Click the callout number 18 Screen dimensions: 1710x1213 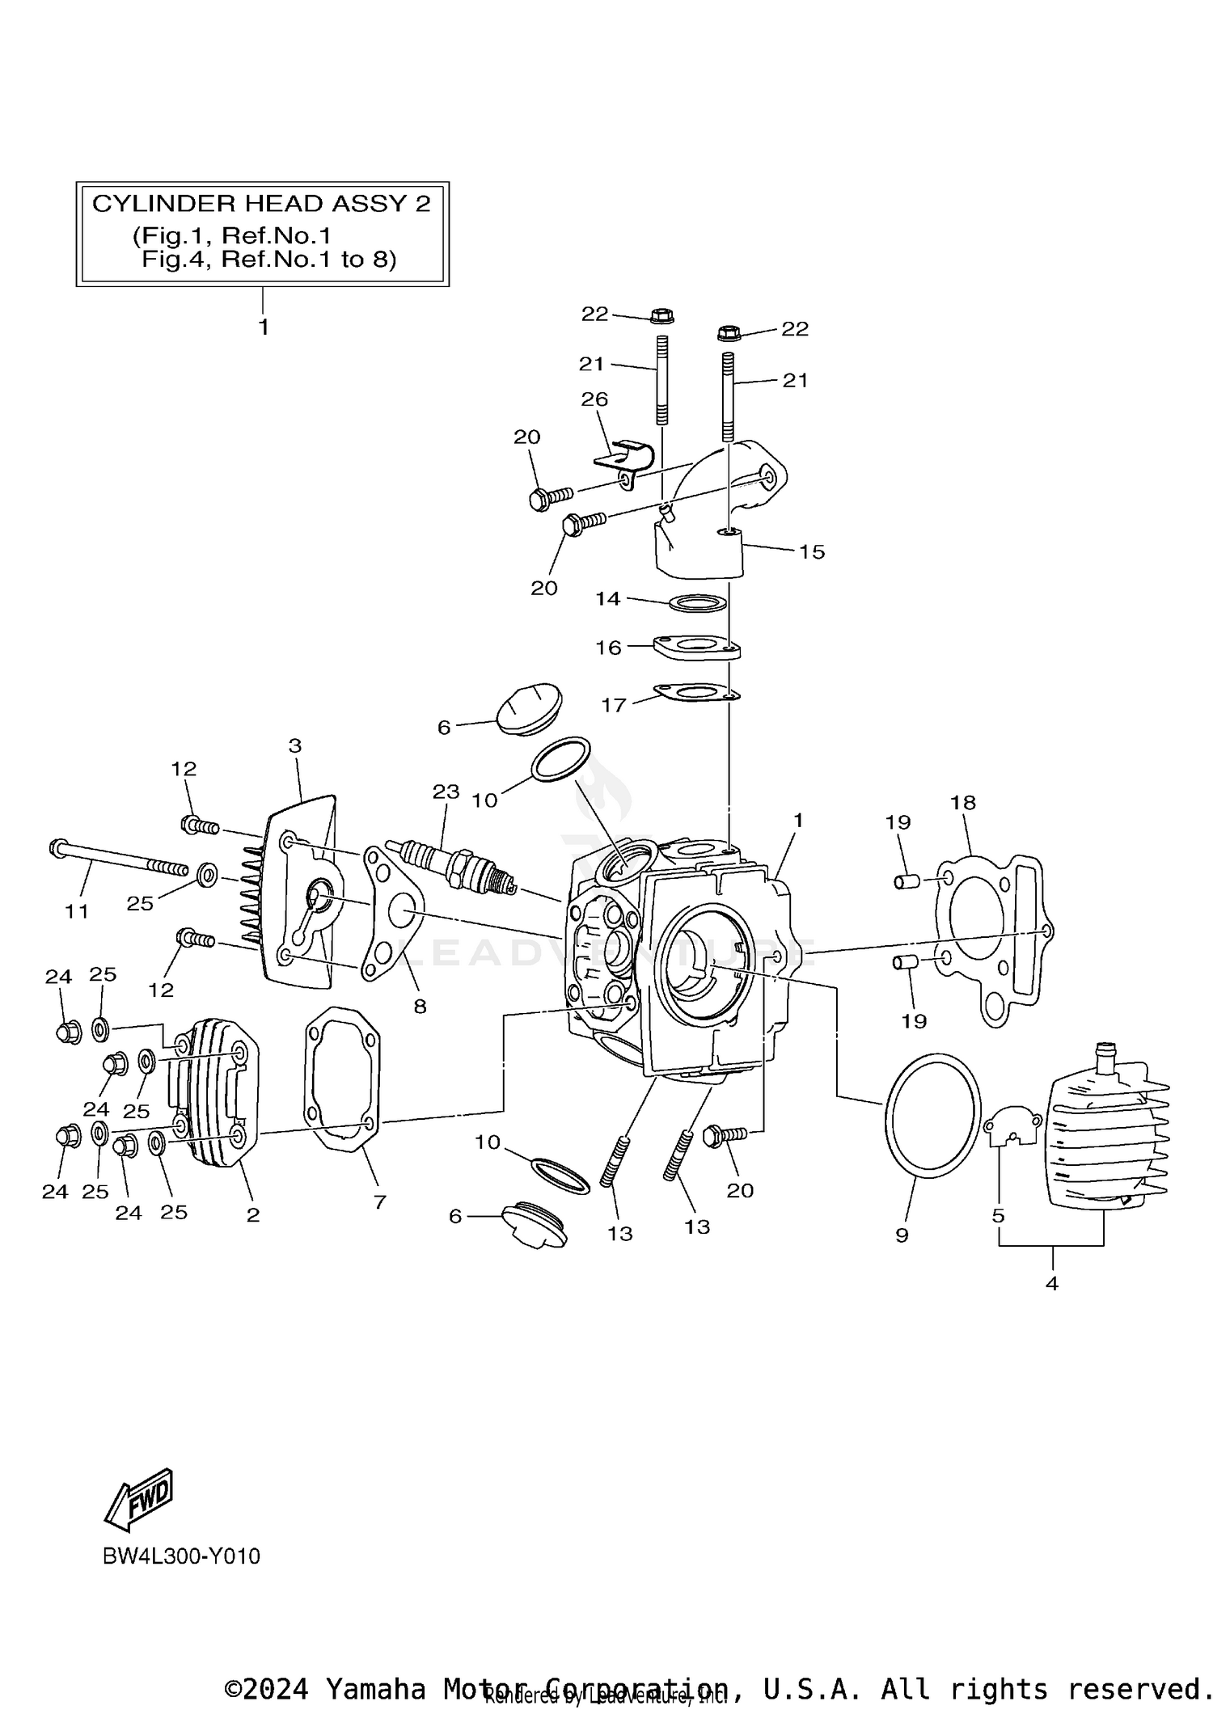coord(963,803)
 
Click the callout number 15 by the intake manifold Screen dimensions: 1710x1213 coord(812,552)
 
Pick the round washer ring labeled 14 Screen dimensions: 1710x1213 coord(697,603)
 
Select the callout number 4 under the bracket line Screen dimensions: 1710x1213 coord(1051,1282)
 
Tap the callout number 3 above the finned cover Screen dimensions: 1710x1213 coord(294,745)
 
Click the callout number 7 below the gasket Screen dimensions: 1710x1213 coord(380,1202)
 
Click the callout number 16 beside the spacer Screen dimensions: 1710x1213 coord(608,648)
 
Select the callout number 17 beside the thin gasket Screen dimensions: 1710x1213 coord(613,705)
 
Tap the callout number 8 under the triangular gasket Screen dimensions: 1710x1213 coord(420,1007)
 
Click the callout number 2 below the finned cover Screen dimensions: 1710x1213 coord(253,1214)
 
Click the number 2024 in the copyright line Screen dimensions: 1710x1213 coord(275,1689)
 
